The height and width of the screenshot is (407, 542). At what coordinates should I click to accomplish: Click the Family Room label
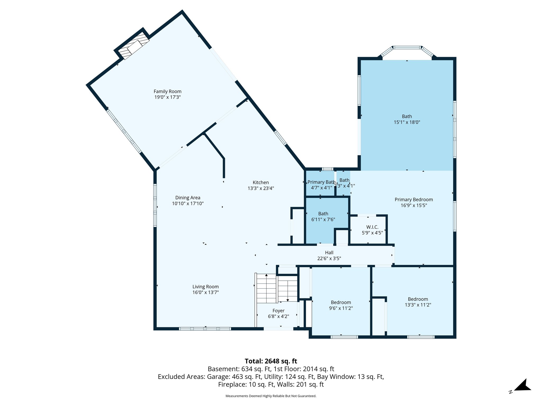coord(168,91)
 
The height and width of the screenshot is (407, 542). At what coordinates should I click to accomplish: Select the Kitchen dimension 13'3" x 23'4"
coord(261,188)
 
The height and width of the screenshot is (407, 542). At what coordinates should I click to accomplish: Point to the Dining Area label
coord(188,198)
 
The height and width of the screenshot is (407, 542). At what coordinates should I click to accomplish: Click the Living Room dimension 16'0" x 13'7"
coord(205,293)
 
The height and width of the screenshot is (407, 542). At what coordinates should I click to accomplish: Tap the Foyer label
coord(278,311)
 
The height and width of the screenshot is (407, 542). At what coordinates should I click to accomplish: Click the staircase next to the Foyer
coord(277,289)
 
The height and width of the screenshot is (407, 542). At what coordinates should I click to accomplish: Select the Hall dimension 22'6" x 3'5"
coord(329,258)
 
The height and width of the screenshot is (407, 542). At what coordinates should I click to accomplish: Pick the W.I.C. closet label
coord(372,227)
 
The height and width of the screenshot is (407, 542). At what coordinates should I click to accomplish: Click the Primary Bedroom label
coord(414,200)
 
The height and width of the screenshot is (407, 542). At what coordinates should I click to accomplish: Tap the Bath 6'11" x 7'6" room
coord(323,216)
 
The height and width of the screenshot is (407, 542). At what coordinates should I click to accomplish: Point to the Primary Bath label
coord(321,182)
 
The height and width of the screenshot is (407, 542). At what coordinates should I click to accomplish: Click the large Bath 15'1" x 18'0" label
coord(407,116)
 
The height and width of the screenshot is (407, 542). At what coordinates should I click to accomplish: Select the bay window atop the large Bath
coord(407,48)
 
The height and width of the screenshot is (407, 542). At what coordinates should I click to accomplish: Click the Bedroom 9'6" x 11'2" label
coord(341,302)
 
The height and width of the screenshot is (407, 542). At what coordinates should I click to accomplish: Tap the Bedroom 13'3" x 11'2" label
coord(418,299)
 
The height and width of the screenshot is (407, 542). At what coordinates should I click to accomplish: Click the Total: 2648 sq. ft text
coord(271,361)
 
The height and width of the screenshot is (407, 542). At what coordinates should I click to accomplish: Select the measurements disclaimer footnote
coord(271,396)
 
